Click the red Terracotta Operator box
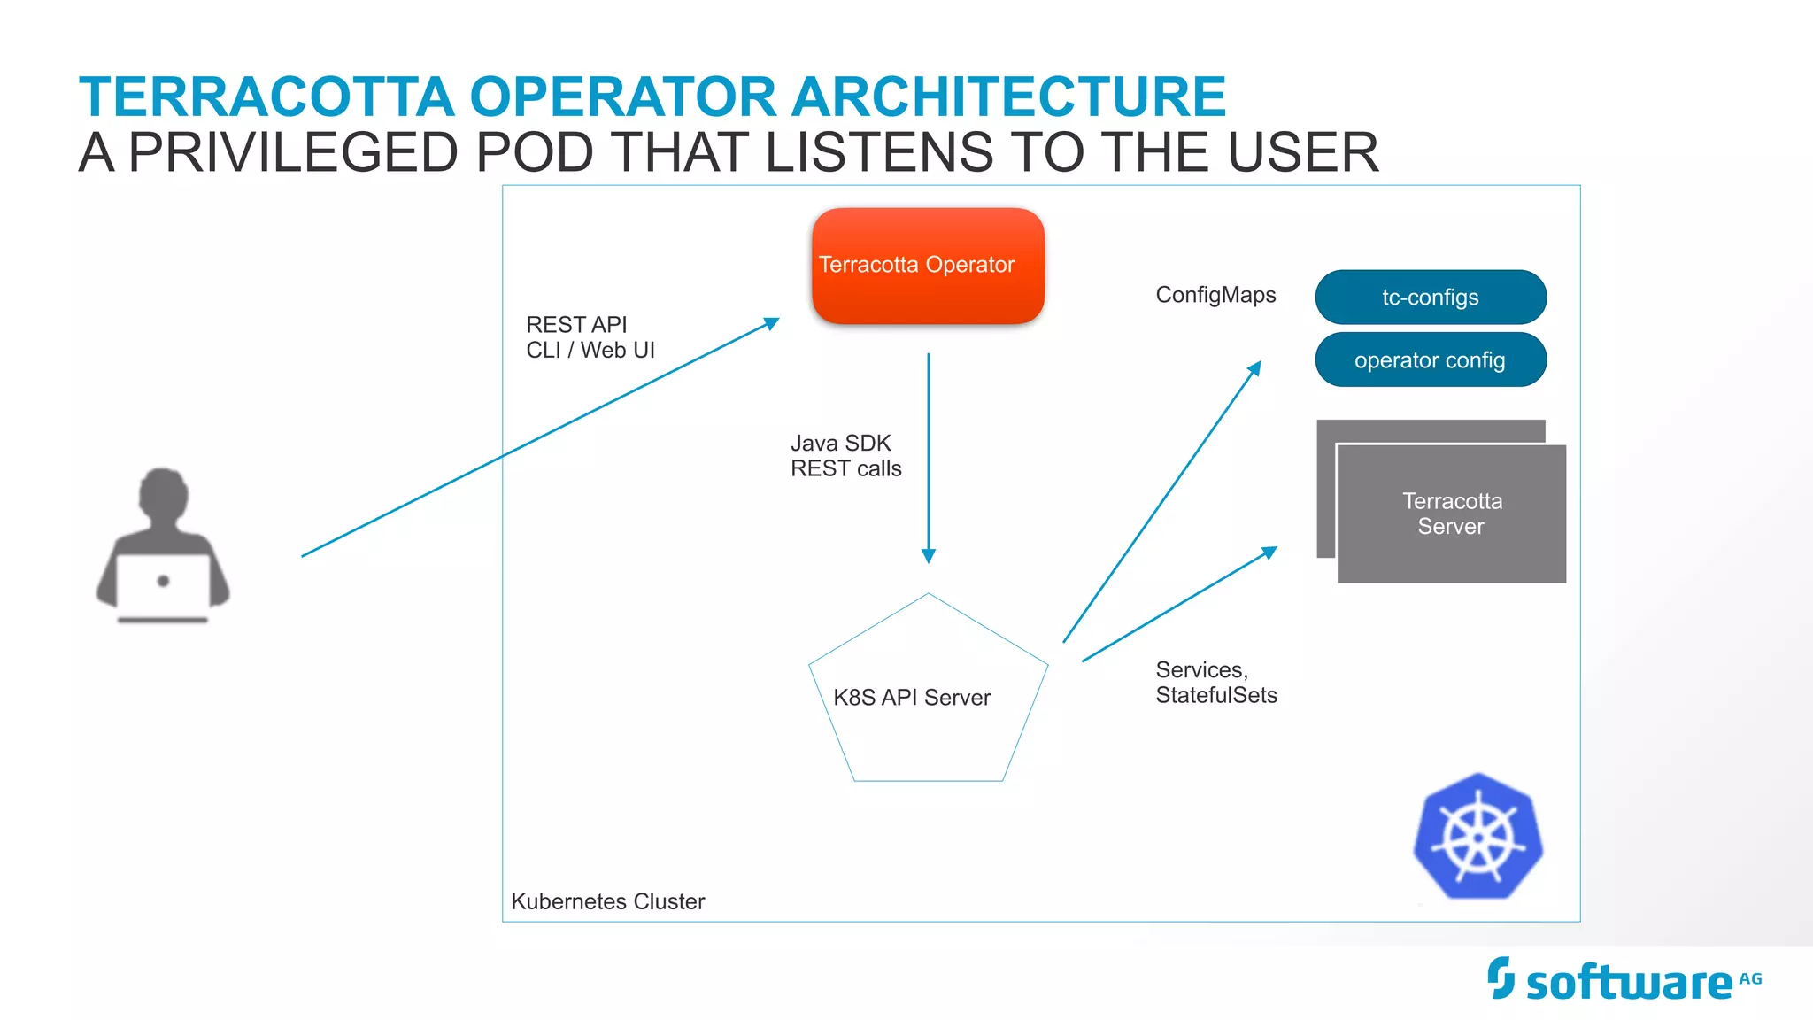point(928,266)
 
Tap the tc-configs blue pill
point(1431,297)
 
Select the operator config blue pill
point(1431,360)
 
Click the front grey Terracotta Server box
point(1452,514)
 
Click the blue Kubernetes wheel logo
point(1478,837)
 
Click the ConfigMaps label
point(1215,295)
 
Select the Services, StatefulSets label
point(1215,683)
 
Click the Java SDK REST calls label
point(845,456)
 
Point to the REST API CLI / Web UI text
point(590,337)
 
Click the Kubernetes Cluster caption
point(607,901)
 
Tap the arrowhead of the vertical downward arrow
point(929,556)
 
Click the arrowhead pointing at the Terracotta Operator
point(773,324)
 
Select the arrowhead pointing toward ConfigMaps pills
point(1255,367)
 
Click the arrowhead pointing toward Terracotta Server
point(1270,552)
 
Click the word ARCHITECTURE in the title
point(1008,97)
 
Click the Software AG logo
point(1624,981)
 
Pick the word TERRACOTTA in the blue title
point(266,97)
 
